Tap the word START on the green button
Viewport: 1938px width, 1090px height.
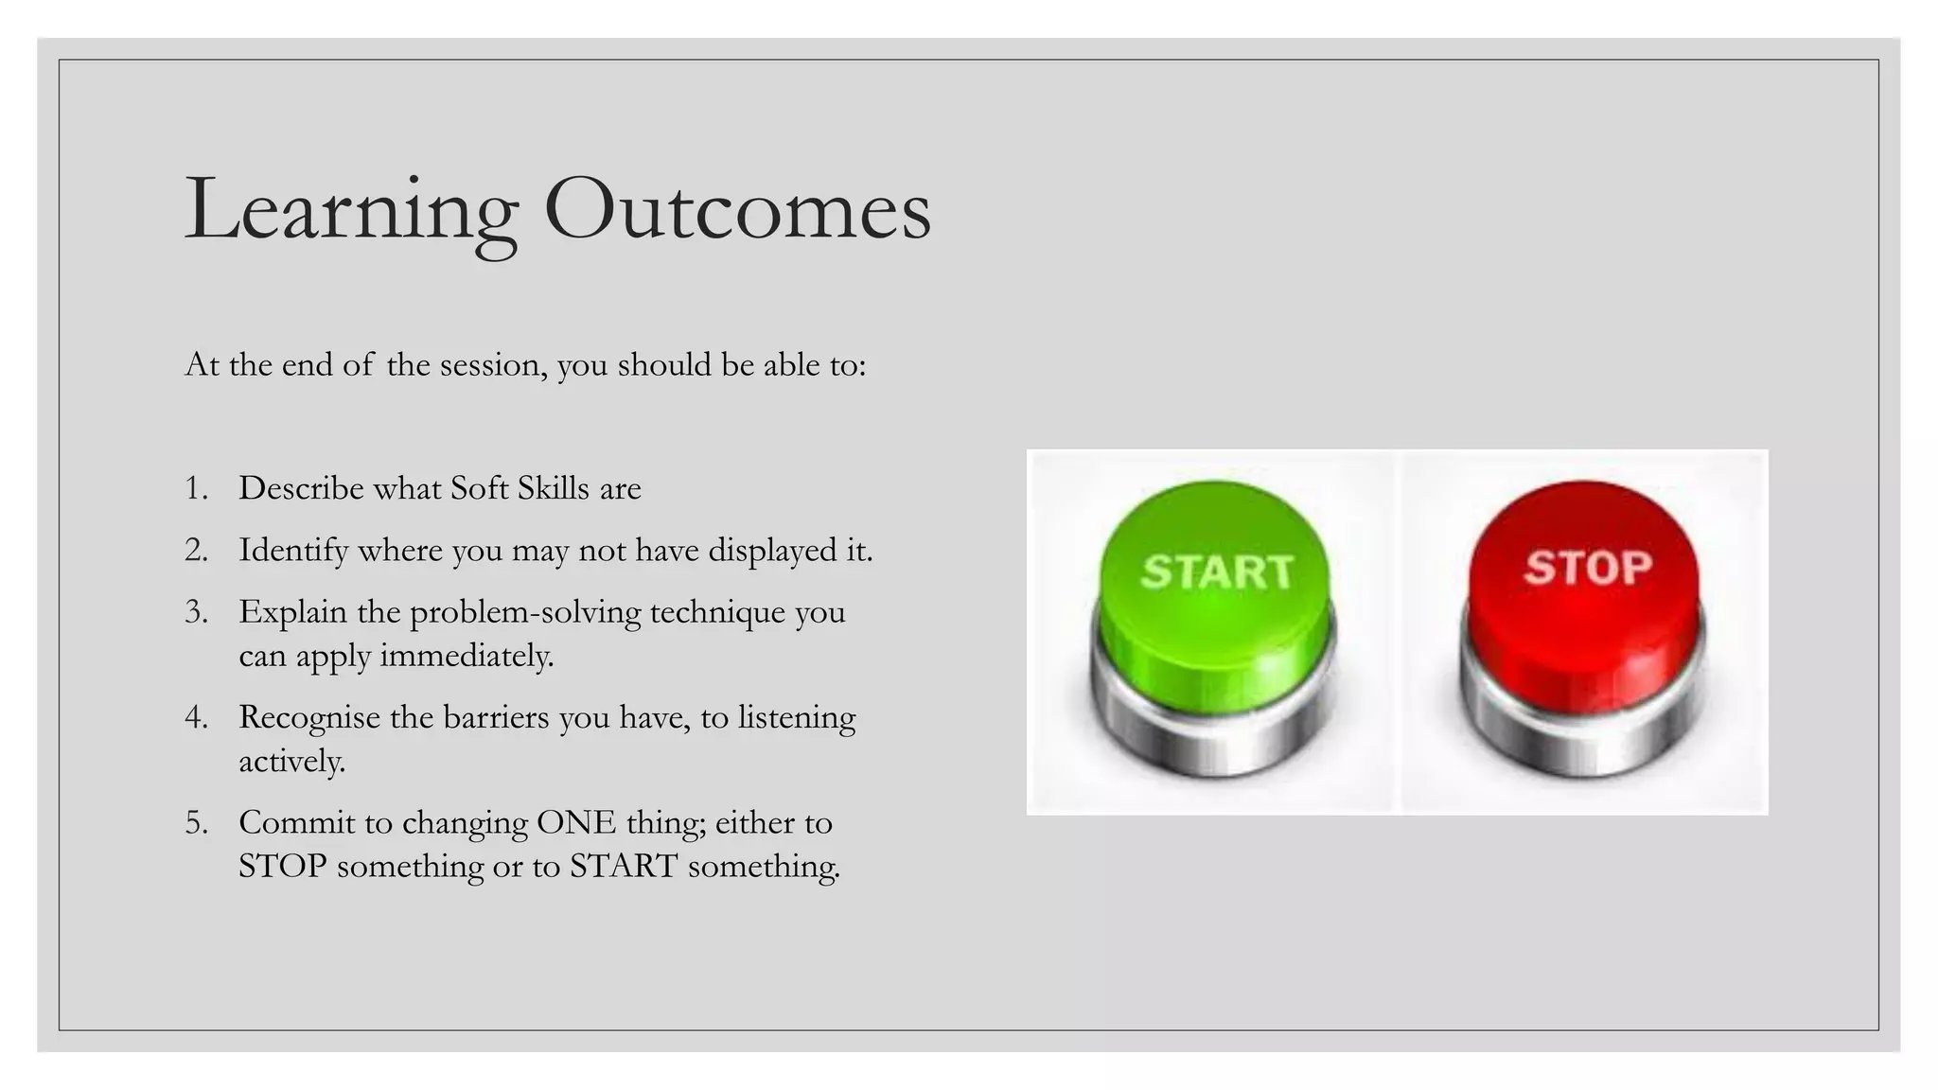tap(1217, 571)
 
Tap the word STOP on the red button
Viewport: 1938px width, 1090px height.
tap(1587, 568)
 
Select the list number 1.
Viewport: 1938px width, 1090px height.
tap(195, 488)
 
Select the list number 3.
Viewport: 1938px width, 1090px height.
tap(195, 612)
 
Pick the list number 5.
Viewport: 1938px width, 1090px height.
tap(195, 823)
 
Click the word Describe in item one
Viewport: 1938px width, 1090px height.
tap(301, 488)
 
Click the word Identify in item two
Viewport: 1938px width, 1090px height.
tap(293, 551)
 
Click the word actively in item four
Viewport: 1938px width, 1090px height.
tap(291, 761)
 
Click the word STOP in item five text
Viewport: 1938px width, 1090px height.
tap(282, 866)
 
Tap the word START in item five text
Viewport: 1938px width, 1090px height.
tap(624, 866)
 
